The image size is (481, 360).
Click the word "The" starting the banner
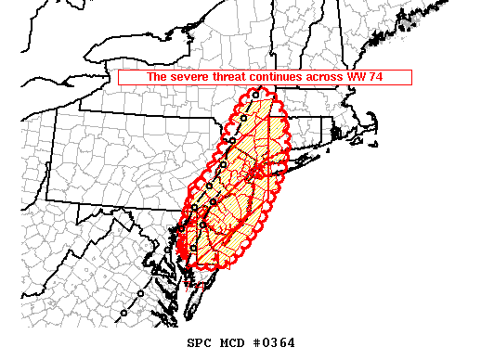point(156,78)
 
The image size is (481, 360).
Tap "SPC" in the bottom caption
point(200,343)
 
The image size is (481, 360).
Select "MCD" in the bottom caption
point(235,343)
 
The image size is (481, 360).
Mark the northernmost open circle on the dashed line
point(254,96)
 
